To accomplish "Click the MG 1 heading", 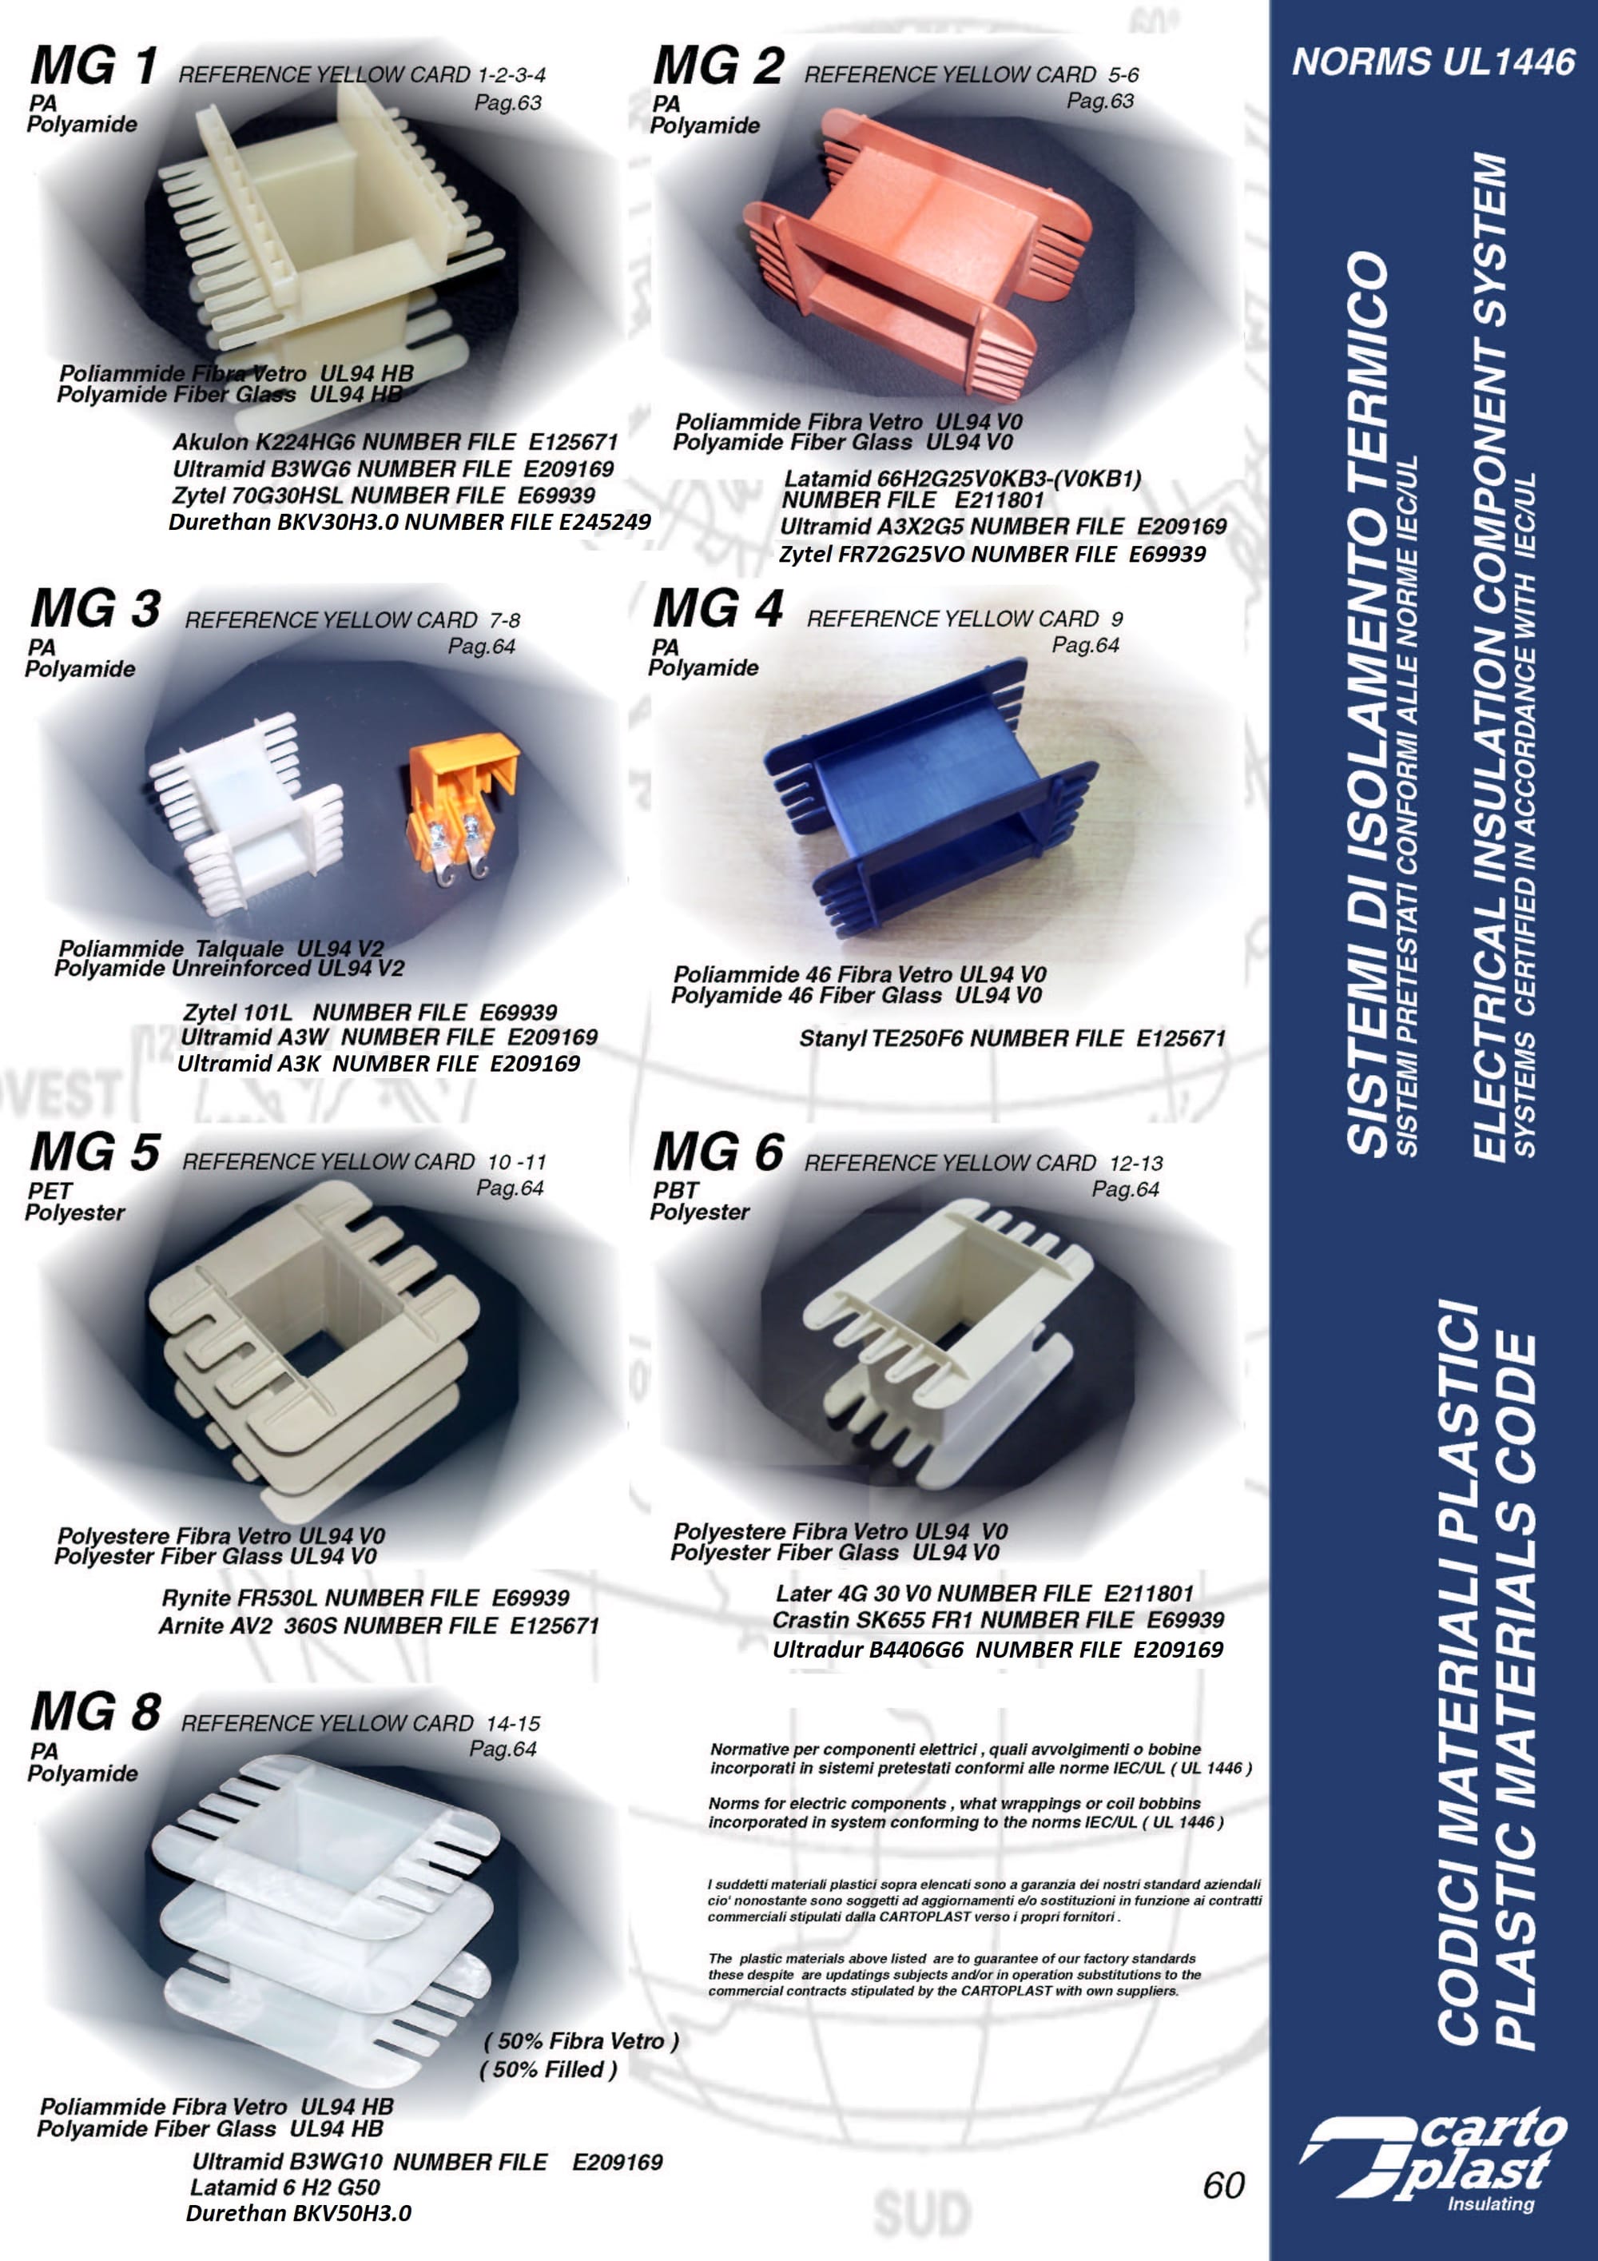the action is click(x=93, y=67).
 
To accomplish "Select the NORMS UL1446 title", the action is click(x=1433, y=62).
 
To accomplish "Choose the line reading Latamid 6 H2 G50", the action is click(x=284, y=2187).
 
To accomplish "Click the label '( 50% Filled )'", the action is click(x=548, y=2069).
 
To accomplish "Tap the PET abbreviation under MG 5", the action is click(x=50, y=1189).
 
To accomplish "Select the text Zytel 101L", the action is click(x=237, y=1013).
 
